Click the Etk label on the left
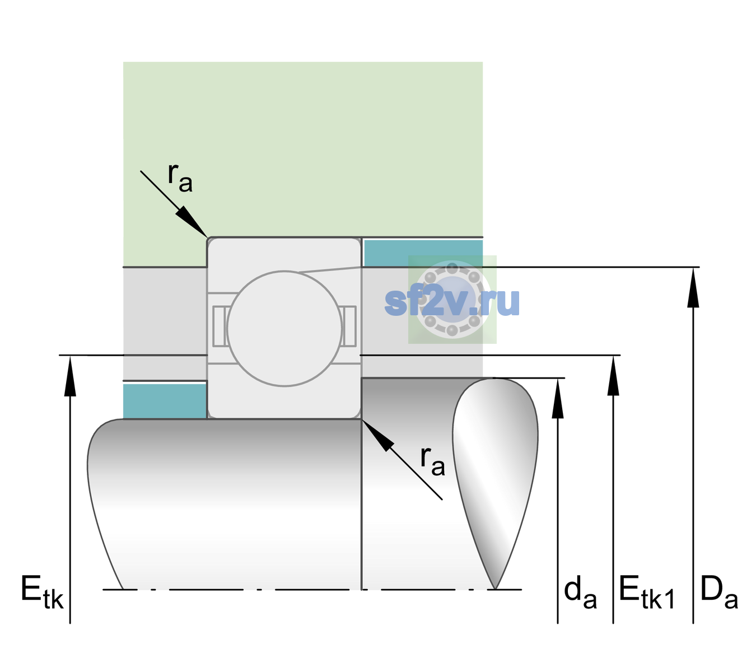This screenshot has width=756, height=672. (x=42, y=592)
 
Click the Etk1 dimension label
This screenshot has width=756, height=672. (x=647, y=592)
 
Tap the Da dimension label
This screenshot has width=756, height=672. (x=719, y=592)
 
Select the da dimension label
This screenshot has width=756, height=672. (x=580, y=592)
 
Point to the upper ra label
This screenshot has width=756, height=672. (x=180, y=178)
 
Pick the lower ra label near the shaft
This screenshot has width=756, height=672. (x=432, y=461)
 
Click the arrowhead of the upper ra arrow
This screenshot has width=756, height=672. (x=192, y=222)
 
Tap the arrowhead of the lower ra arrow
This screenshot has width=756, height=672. (x=377, y=436)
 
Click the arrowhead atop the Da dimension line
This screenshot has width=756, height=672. (x=693, y=287)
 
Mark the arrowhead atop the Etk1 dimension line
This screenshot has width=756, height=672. (x=613, y=375)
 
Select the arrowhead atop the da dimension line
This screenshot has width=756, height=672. (x=558, y=398)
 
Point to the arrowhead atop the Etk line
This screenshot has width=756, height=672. (x=70, y=376)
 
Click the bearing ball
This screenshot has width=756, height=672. (x=284, y=328)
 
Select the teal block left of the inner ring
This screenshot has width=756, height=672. (x=165, y=401)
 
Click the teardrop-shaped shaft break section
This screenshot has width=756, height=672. (x=495, y=482)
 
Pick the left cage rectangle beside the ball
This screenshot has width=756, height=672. (x=220, y=326)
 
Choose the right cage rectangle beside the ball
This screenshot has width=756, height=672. (x=349, y=326)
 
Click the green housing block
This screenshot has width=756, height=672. (x=302, y=150)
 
